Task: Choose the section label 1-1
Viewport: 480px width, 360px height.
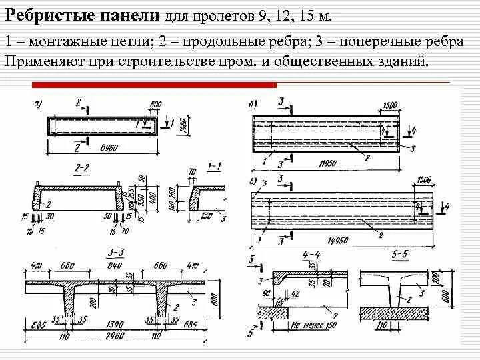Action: point(214,165)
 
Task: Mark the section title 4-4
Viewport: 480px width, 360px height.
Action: point(312,254)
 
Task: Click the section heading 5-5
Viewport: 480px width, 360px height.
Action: point(400,254)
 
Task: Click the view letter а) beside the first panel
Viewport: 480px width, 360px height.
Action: point(38,102)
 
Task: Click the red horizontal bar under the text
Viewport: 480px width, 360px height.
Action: point(154,85)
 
